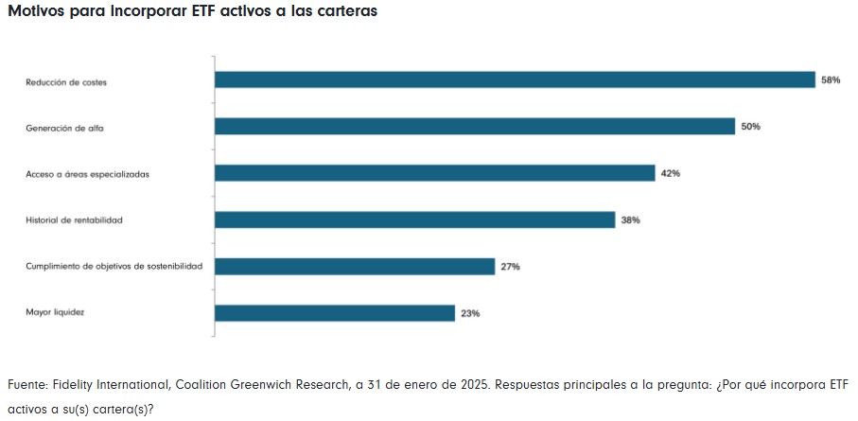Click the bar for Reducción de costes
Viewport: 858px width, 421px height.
pyautogui.click(x=515, y=80)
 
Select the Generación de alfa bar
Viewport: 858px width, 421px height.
pyautogui.click(x=475, y=127)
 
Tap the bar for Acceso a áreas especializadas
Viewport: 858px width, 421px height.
pyautogui.click(x=435, y=173)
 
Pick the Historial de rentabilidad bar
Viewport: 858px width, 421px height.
pyautogui.click(x=415, y=219)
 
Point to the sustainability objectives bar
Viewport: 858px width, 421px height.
pyautogui.click(x=355, y=267)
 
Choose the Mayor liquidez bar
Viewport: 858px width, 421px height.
pyautogui.click(x=335, y=313)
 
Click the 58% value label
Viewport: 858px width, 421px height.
pyautogui.click(x=831, y=80)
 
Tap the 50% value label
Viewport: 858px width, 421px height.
pyautogui.click(x=750, y=127)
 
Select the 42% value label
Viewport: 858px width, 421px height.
pyautogui.click(x=671, y=173)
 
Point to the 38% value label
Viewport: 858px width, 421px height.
pyautogui.click(x=631, y=219)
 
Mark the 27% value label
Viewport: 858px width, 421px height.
pyautogui.click(x=510, y=267)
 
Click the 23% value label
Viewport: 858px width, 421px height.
pyautogui.click(x=470, y=313)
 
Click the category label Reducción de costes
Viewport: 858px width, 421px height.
pyautogui.click(x=66, y=82)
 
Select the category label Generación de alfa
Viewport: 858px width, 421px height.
pyautogui.click(x=64, y=129)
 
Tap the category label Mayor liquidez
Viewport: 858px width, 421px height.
pyautogui.click(x=55, y=312)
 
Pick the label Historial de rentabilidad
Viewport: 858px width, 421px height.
pyautogui.click(x=75, y=220)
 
